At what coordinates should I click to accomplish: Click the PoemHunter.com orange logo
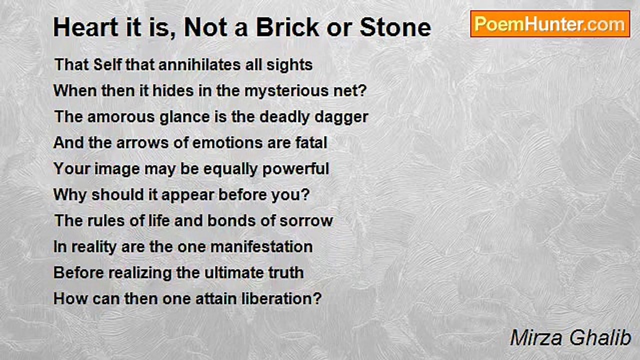pyautogui.click(x=550, y=24)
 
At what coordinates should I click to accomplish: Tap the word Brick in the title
pyautogui.click(x=287, y=27)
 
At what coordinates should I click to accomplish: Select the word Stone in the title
pyautogui.click(x=395, y=27)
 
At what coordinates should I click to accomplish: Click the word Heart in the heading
pyautogui.click(x=85, y=27)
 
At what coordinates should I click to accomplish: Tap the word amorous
pyautogui.click(x=121, y=117)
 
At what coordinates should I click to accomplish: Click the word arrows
pyautogui.click(x=142, y=143)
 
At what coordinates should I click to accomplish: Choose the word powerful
pyautogui.click(x=295, y=169)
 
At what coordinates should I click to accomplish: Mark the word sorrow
pyautogui.click(x=306, y=221)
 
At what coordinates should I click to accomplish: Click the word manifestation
pyautogui.click(x=261, y=246)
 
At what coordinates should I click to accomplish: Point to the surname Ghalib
pyautogui.click(x=600, y=337)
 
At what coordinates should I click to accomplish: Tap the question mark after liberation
pyautogui.click(x=317, y=298)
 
